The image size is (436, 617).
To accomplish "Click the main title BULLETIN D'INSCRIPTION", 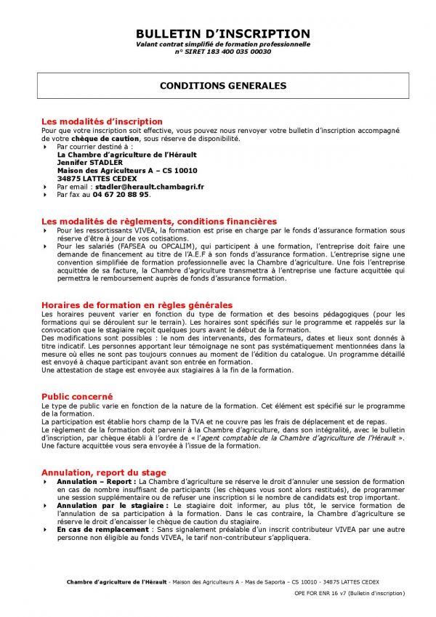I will (x=222, y=34).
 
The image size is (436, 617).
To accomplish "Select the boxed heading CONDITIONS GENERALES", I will (x=222, y=86).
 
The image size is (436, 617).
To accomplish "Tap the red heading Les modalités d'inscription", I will (x=102, y=121).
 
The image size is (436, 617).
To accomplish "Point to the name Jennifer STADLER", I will (x=89, y=163).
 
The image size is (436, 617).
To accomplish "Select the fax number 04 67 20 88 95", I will (x=121, y=195).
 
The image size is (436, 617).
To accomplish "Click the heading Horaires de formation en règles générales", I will (x=137, y=305).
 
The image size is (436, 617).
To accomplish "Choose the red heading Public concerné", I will (x=76, y=396).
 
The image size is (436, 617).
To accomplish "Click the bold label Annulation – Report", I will (x=95, y=481).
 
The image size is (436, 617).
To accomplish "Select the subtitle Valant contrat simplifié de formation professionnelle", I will (x=222, y=44).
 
